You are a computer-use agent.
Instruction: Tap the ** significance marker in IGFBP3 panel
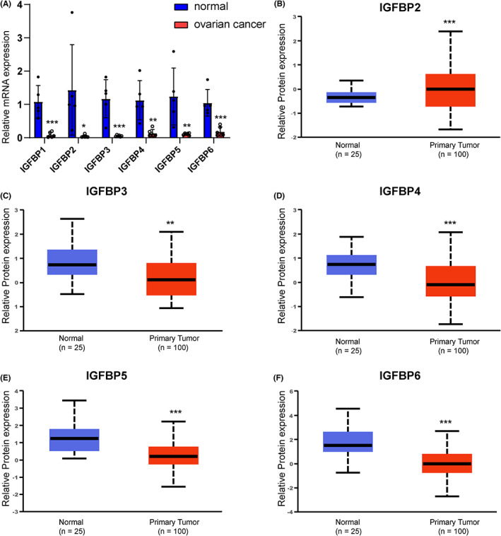(170, 223)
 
